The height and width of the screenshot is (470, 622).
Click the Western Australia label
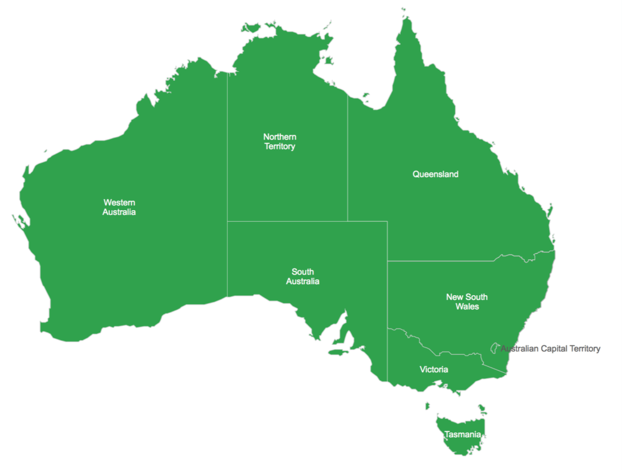(119, 207)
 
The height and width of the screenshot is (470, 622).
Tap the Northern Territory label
(279, 141)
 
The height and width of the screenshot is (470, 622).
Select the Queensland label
(436, 174)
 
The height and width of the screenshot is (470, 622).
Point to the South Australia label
(302, 276)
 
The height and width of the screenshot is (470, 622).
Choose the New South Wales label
(466, 302)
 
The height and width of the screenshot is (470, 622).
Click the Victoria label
(434, 369)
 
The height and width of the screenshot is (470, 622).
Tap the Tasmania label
(463, 435)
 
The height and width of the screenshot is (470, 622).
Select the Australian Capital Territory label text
(550, 349)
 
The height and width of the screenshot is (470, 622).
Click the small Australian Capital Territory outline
(494, 347)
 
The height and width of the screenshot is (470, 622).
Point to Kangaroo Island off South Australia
(338, 352)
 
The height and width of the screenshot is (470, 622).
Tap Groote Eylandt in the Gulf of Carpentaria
(329, 61)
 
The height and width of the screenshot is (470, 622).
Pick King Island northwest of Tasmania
(428, 406)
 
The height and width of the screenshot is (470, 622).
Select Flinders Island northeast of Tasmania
(482, 409)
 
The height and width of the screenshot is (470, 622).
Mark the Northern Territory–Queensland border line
(347, 158)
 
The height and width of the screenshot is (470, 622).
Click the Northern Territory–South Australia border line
(285, 221)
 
